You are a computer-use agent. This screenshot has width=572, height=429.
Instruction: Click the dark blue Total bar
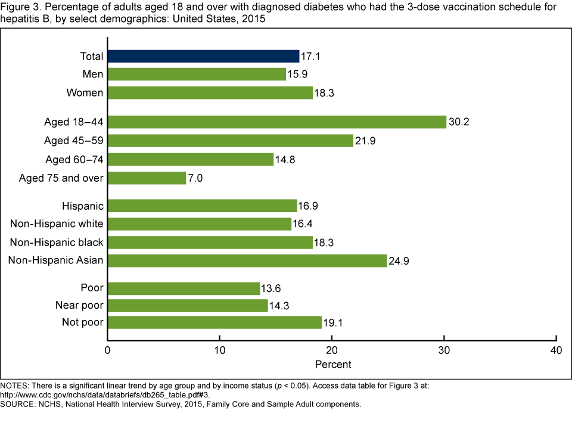click(203, 56)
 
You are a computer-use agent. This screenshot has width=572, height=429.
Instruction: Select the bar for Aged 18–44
click(277, 122)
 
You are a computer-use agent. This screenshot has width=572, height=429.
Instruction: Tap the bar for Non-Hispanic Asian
click(247, 260)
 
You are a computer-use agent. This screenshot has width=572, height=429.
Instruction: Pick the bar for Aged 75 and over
click(147, 178)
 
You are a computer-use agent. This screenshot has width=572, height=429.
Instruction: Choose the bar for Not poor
click(214, 322)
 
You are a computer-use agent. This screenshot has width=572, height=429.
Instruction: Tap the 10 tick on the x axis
click(220, 350)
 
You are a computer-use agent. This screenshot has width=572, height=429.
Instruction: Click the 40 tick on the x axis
click(556, 350)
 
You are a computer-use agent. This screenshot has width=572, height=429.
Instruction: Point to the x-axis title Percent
click(332, 364)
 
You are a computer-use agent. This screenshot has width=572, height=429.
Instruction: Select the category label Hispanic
click(83, 206)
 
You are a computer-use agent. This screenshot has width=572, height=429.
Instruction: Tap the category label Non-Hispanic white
click(57, 224)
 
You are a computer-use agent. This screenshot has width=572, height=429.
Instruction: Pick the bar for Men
click(197, 74)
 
